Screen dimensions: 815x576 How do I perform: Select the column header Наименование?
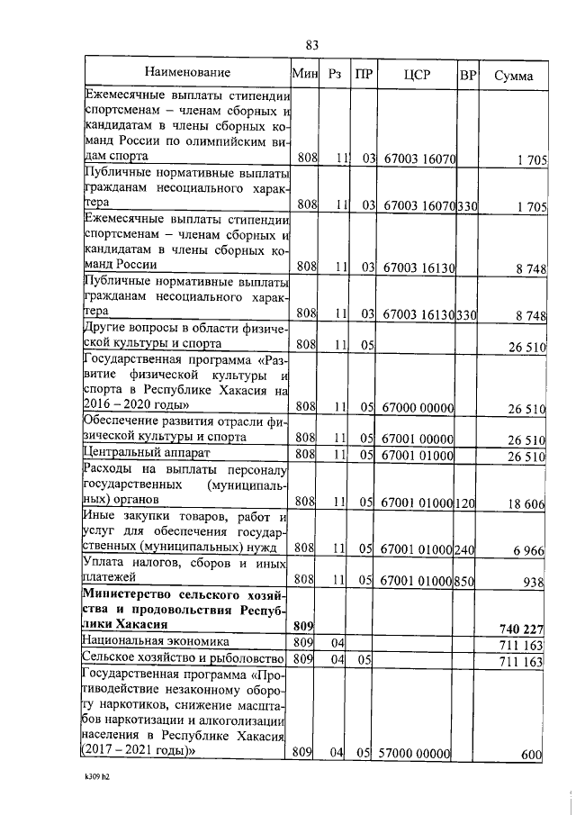pos(186,73)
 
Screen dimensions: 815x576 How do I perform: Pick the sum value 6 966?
pos(527,548)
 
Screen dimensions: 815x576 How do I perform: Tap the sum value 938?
pos(534,582)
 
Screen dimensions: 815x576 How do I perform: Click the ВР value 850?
pos(467,582)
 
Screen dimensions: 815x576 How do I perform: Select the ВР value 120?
pos(467,503)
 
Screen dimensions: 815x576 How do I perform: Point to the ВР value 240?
pos(467,548)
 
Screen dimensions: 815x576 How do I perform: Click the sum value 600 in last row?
pos(532,755)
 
